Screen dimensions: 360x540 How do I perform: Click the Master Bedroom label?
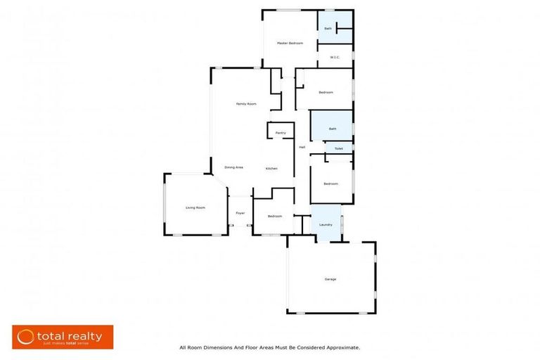[x=290, y=43]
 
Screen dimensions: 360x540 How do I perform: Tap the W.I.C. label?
[x=335, y=58]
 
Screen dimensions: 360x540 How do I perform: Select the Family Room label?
[x=245, y=104]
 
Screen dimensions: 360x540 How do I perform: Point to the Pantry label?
[x=281, y=133]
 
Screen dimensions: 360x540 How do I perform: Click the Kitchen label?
[x=271, y=169]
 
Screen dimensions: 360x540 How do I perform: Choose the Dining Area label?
[x=233, y=167]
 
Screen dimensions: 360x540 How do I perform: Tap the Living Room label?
[x=195, y=207]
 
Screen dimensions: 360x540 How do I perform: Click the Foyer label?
[x=240, y=213]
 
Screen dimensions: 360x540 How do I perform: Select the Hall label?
[x=302, y=147]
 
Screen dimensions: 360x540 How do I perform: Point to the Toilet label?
[x=338, y=149]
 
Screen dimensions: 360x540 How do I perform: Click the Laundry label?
[x=326, y=224]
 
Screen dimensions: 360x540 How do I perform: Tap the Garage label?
[x=330, y=279]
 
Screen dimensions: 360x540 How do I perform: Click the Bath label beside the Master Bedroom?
[x=328, y=29]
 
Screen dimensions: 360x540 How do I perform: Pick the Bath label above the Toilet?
[x=333, y=129]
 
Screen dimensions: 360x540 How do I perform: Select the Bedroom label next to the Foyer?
[x=274, y=216]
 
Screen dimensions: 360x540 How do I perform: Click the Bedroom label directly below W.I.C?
[x=326, y=93]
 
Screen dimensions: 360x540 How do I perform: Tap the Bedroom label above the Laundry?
[x=330, y=184]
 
